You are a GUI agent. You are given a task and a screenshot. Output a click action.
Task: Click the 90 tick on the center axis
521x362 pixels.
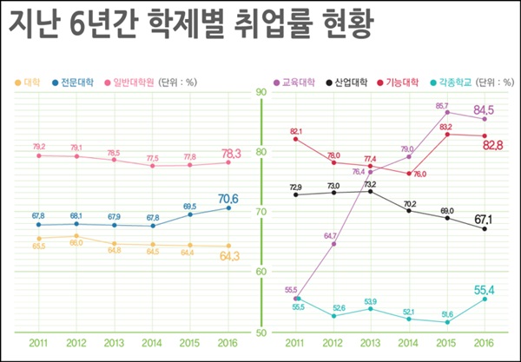260,92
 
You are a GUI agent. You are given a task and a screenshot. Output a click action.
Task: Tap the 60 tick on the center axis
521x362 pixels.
260,272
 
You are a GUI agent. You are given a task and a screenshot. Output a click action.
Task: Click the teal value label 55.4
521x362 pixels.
485,288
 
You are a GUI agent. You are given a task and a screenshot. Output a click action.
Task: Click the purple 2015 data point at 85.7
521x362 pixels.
447,112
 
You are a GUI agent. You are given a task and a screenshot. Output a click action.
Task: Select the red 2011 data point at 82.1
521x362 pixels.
296,139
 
